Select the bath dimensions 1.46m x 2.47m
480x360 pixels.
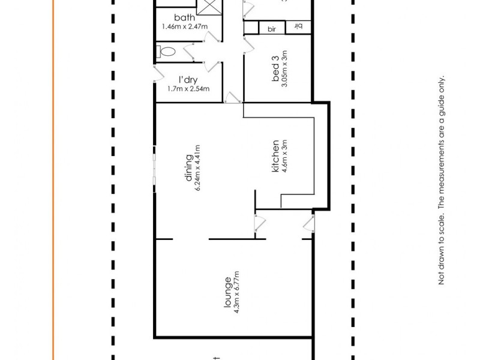[x=184, y=27]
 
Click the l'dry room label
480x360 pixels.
[x=188, y=80]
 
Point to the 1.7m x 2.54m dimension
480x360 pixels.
[x=188, y=89]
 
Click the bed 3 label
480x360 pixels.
[x=276, y=69]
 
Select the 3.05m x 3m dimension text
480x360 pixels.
[x=285, y=69]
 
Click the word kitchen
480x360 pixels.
[x=275, y=157]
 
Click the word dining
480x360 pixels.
[x=188, y=168]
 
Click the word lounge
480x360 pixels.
[x=227, y=291]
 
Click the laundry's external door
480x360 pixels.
[x=159, y=73]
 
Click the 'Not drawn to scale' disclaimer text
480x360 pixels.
[x=442, y=180]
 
